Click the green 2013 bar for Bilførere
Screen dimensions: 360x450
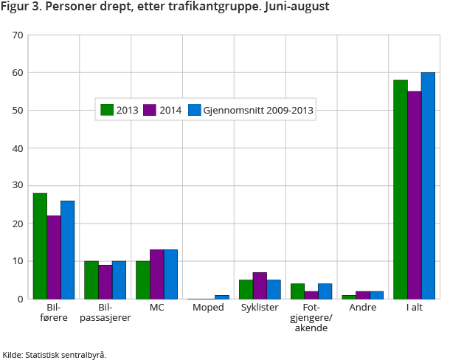[x=40, y=246]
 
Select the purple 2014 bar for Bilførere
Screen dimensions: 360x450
[x=54, y=257]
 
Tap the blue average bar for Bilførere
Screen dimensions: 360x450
[x=68, y=249]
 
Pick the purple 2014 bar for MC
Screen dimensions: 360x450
[x=157, y=274]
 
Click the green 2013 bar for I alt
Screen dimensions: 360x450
[x=401, y=189]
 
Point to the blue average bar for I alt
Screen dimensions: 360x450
[x=428, y=185]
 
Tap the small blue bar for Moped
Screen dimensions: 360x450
[x=222, y=297]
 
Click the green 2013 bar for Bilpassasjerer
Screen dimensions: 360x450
[x=91, y=280]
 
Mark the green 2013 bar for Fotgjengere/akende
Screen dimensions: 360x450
[x=297, y=291]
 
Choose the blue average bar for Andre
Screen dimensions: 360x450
[x=376, y=294]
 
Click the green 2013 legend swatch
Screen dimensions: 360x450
[x=107, y=111]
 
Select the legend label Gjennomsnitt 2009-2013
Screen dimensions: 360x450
[x=260, y=111]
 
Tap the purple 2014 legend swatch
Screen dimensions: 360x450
[x=149, y=111]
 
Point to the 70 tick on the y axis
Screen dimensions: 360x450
[x=18, y=35]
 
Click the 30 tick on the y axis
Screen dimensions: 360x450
[x=18, y=186]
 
